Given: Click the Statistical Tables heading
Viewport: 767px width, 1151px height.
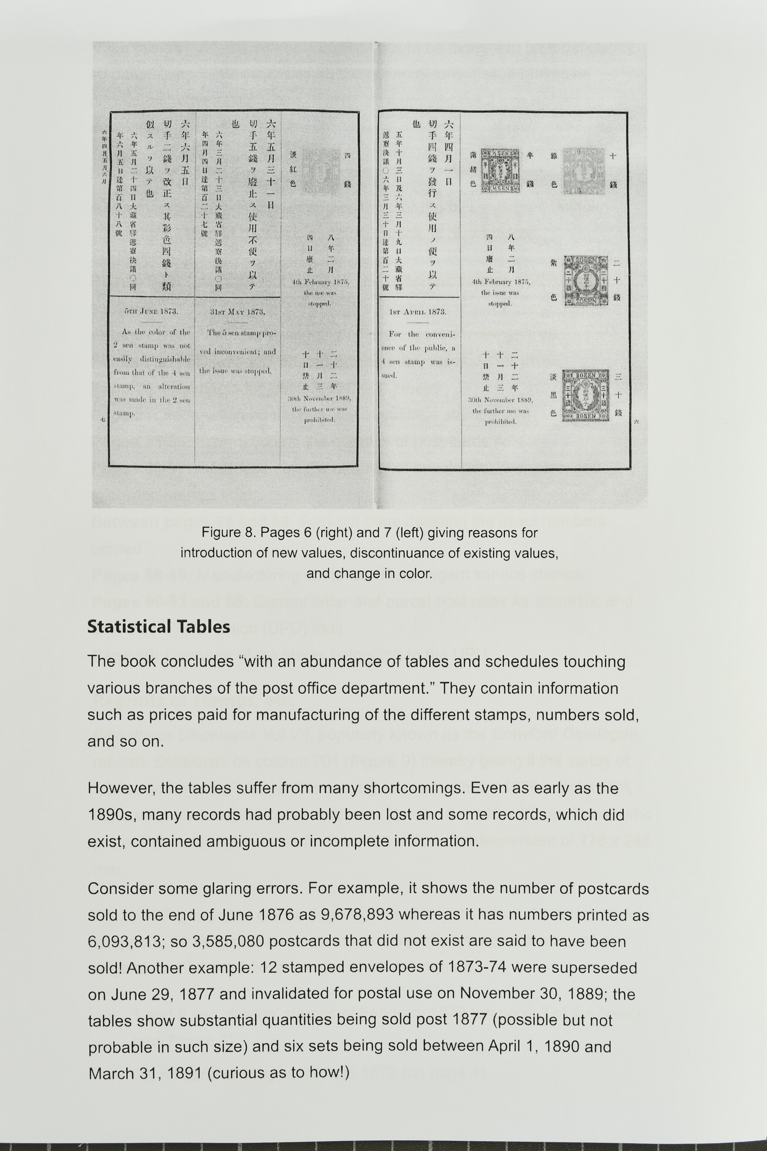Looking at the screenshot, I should coord(159,627).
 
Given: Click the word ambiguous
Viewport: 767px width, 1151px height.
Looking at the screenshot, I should coord(254,841).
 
